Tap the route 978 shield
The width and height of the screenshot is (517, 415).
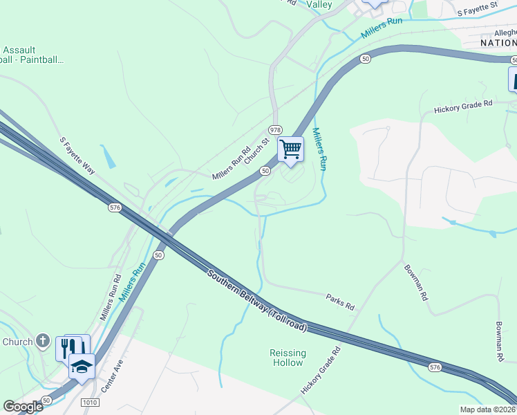276,130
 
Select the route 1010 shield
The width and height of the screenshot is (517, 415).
89,402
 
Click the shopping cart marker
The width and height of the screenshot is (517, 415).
290,149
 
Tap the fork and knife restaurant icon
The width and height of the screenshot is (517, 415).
68,347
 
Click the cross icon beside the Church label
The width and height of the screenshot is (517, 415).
43,341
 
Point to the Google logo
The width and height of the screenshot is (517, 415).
23,407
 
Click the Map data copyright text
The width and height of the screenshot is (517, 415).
487,409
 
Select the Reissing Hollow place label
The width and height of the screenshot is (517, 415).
287,358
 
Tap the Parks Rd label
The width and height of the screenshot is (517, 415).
340,301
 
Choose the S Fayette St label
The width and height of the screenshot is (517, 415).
478,9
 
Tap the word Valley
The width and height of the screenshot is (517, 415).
319,5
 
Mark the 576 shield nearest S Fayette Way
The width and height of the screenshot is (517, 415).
115,207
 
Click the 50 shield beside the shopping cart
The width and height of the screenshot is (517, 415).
265,170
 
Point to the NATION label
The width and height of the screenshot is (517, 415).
498,43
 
